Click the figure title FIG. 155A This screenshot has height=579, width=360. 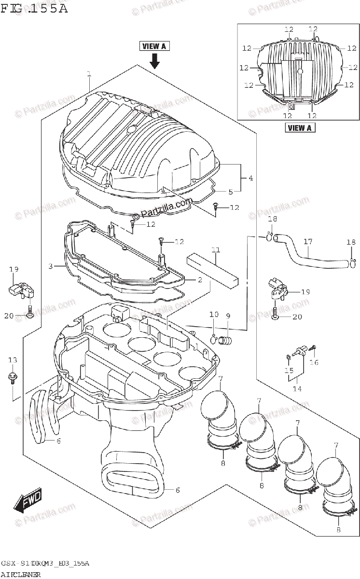click(x=35, y=9)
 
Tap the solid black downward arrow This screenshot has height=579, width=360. click(x=154, y=61)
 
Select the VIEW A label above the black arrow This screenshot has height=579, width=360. click(x=154, y=46)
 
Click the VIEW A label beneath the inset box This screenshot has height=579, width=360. click(x=299, y=128)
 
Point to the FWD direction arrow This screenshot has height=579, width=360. click(x=28, y=502)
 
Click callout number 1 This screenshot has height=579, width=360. click(x=89, y=74)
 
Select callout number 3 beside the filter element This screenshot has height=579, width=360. click(x=50, y=266)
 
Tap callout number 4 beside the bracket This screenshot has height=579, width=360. click(x=250, y=179)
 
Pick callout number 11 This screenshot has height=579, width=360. click(x=215, y=249)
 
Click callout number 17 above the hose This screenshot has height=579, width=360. click(x=308, y=242)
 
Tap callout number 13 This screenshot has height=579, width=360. click(x=13, y=360)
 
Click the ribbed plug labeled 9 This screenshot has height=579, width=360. click(x=225, y=341)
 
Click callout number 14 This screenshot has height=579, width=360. click(x=296, y=388)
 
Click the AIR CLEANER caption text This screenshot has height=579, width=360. click(x=21, y=575)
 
